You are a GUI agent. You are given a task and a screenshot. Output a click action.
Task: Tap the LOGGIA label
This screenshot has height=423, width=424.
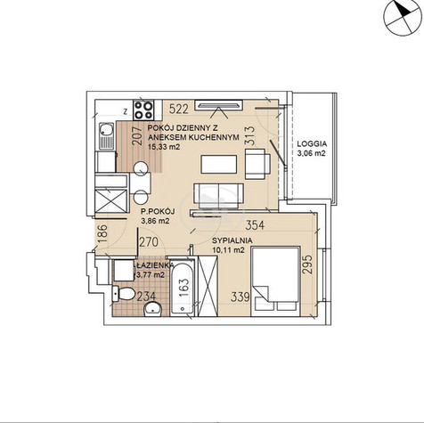click(312, 144)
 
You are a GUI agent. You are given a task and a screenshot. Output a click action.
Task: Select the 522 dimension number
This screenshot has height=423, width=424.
click(179, 110)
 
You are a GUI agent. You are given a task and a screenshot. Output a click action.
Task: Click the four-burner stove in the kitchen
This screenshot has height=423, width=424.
click(143, 110)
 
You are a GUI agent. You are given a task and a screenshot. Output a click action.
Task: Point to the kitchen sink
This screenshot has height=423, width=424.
click(106, 135)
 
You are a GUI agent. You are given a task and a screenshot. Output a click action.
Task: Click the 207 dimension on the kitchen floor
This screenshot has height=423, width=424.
click(137, 135)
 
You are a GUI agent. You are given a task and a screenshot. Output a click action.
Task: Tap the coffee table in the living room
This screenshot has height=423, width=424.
click(219, 164)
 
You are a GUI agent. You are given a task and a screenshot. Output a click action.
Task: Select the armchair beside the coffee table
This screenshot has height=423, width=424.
click(257, 164)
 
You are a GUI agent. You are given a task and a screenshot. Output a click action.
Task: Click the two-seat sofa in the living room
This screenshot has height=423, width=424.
click(218, 196)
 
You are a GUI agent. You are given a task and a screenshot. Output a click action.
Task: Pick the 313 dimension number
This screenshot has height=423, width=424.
click(249, 136)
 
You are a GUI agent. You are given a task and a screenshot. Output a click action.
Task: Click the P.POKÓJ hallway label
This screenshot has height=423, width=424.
click(158, 212)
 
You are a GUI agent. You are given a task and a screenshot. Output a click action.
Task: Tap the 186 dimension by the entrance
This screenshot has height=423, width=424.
click(102, 234)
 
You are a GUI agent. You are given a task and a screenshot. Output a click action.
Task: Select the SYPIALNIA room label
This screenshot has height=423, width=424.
click(232, 240)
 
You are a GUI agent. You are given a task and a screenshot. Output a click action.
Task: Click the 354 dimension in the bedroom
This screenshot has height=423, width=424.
click(255, 225)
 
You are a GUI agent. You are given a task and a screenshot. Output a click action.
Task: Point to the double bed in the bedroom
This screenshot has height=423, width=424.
click(275, 281)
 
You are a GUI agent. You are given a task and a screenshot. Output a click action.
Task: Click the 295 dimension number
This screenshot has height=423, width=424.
click(308, 264)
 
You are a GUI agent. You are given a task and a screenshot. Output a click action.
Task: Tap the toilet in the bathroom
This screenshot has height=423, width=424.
click(123, 293)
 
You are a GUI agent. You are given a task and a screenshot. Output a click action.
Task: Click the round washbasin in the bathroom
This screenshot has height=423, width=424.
click(153, 310)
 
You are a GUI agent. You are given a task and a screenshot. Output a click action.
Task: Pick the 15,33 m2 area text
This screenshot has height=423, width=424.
click(164, 147)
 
